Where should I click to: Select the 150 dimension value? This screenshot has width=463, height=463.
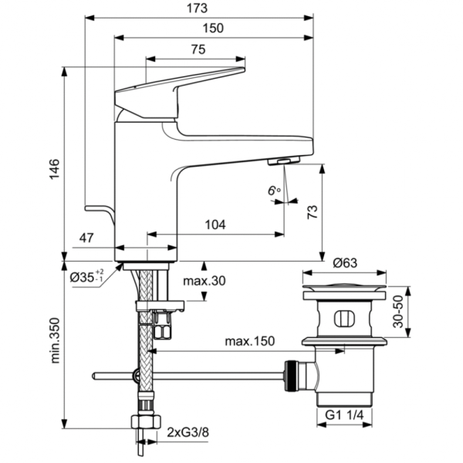pos(214,29)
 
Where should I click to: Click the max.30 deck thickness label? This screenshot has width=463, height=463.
pos(204,281)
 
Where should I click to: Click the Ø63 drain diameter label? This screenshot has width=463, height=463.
pos(344,263)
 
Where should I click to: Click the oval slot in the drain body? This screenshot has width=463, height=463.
pos(345,317)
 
